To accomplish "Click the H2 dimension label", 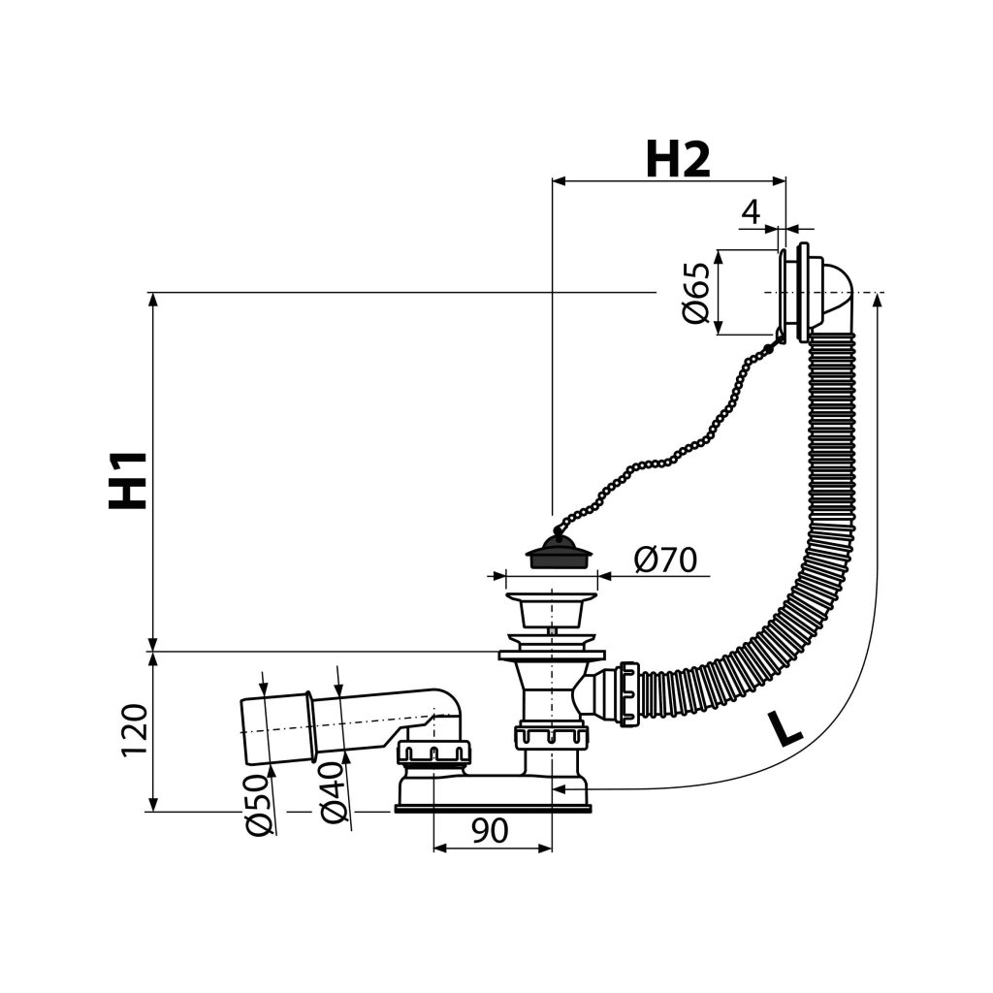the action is [678, 159].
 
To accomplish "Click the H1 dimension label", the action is [128, 479].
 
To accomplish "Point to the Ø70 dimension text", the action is [666, 561].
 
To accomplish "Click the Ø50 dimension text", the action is [258, 804].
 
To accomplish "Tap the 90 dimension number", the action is [491, 832].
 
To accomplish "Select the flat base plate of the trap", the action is [492, 806].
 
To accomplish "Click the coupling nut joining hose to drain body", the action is [627, 692].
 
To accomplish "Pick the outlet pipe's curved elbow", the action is [446, 708].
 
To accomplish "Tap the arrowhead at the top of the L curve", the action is [877, 302].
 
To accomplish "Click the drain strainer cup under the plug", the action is [551, 609].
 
